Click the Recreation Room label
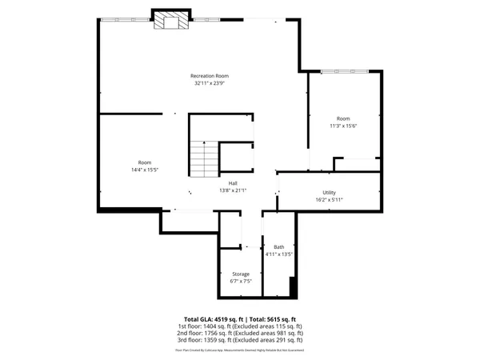(x=209, y=75)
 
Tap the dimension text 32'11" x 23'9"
(x=209, y=82)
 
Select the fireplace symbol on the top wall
(x=171, y=21)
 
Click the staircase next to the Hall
(x=203, y=156)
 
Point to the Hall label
(x=233, y=183)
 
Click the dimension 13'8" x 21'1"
(x=233, y=190)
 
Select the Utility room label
(x=329, y=193)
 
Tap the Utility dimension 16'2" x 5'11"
(x=329, y=200)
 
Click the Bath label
(x=278, y=247)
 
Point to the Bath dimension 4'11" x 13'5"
(x=278, y=254)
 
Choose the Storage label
(x=241, y=274)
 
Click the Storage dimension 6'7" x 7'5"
(x=241, y=282)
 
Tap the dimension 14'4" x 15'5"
(x=144, y=170)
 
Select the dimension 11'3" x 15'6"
(x=343, y=126)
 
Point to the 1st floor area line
(x=240, y=326)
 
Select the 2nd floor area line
(x=240, y=334)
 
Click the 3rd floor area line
(x=240, y=341)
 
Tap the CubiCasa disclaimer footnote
(x=240, y=350)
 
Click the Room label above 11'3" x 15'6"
(x=343, y=118)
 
